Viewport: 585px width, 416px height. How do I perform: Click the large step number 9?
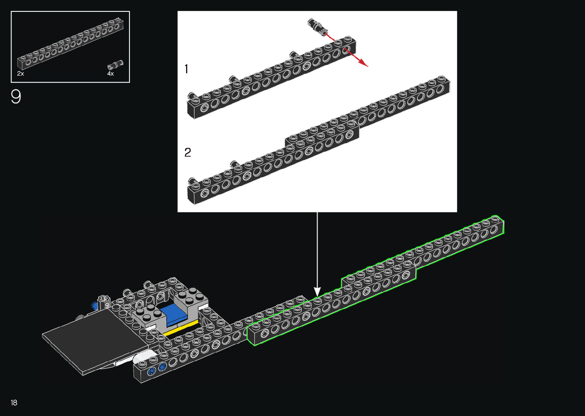click(x=16, y=97)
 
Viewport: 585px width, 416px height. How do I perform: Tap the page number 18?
click(x=14, y=403)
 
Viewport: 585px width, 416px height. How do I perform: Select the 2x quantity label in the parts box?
click(x=21, y=74)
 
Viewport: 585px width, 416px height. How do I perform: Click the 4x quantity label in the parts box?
click(x=110, y=74)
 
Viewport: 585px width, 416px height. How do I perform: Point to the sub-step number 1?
click(x=186, y=69)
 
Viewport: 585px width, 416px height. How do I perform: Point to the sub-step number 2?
click(x=188, y=153)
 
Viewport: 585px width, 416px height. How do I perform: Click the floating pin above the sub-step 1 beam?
click(x=317, y=26)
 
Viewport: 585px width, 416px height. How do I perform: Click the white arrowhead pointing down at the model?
click(x=317, y=292)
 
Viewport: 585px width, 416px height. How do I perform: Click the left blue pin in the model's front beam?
click(x=151, y=371)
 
